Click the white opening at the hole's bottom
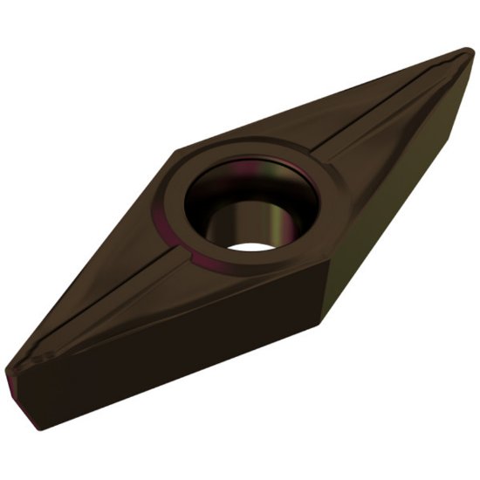[253, 243]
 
